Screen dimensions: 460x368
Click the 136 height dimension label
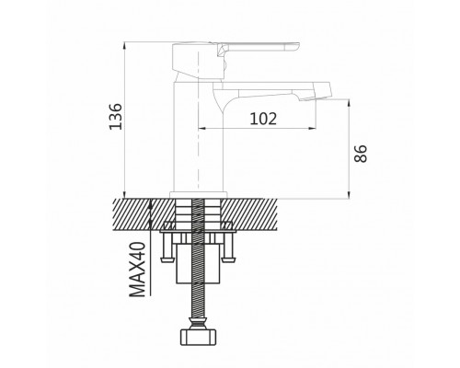[116, 117]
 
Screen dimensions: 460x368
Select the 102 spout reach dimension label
[263, 119]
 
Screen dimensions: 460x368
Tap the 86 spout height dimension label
[361, 154]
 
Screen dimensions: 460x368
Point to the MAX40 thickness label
[137, 270]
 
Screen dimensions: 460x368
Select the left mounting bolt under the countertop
[167, 247]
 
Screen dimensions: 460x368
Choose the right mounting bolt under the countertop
[229, 247]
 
